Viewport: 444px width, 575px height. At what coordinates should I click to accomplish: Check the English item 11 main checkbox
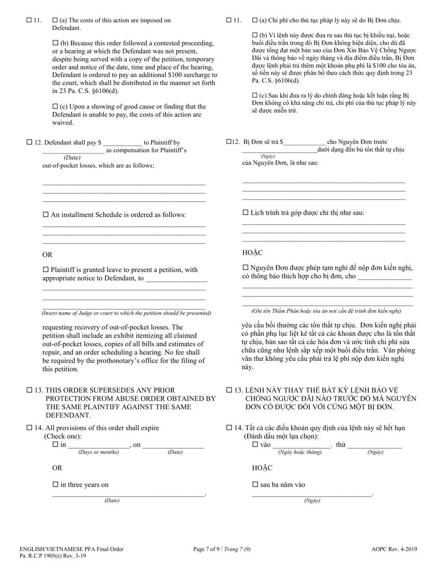pos(29,20)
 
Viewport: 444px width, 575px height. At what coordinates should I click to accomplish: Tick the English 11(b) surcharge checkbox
pos(55,43)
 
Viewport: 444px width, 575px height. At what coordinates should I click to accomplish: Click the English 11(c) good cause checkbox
pos(55,107)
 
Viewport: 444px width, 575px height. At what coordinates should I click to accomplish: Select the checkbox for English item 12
pos(29,143)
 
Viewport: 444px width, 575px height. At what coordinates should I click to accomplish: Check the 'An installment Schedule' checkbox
pos(46,215)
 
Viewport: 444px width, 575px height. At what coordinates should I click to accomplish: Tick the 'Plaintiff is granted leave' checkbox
pos(46,270)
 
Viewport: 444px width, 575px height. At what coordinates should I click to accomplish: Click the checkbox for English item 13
pos(29,390)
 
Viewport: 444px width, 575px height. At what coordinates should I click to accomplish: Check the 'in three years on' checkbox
pos(55,485)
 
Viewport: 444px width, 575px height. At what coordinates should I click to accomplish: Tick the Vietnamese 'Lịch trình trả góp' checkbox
pos(245,213)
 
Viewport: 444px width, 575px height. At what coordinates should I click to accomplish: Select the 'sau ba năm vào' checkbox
pos(255,485)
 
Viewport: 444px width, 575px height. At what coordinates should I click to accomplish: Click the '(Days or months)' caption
pos(99,452)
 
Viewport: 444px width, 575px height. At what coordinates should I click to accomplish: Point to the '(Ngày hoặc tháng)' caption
pos(300,452)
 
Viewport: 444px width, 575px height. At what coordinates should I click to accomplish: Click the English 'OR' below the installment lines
pos(47,255)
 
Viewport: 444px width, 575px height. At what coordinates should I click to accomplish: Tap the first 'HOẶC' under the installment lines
pos(252,253)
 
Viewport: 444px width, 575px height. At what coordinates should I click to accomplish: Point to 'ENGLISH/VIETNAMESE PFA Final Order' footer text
pos(72,549)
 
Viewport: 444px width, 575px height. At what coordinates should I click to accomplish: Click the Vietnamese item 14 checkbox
pos(229,428)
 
